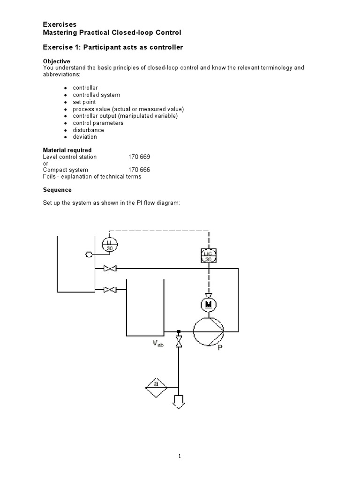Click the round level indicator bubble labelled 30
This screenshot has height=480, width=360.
tap(110, 245)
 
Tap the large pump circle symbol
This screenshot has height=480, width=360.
tap(209, 331)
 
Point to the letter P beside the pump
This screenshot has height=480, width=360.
tap(220, 348)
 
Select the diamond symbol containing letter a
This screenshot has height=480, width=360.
tap(156, 386)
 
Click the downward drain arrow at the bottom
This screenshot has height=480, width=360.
tap(179, 401)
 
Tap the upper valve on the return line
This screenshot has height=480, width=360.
tap(110, 269)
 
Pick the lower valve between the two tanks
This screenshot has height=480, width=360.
tap(110, 290)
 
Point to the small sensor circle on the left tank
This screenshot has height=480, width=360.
tap(88, 255)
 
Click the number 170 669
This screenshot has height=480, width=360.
tap(139, 157)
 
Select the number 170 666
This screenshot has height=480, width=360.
tap(139, 170)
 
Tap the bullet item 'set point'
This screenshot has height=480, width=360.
tap(84, 102)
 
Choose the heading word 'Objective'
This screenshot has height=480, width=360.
tap(57, 61)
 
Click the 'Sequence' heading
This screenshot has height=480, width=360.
tap(57, 190)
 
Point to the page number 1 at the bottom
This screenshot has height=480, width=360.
tap(180, 456)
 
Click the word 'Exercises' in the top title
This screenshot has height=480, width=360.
tap(60, 24)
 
